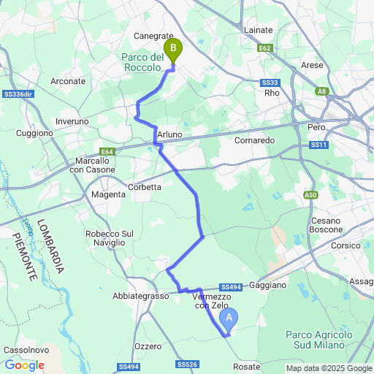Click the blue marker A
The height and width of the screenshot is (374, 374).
click(x=229, y=318)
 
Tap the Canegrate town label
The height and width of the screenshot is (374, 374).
click(x=153, y=35)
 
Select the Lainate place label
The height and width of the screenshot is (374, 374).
click(x=257, y=30)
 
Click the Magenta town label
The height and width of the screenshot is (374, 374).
click(x=108, y=194)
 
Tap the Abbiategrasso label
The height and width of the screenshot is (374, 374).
click(x=141, y=296)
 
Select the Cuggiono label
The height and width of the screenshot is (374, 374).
click(x=36, y=134)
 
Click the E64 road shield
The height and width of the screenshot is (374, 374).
click(x=108, y=151)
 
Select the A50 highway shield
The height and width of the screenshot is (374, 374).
click(x=311, y=195)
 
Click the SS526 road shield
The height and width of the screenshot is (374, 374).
click(x=187, y=364)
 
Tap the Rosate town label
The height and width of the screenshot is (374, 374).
click(x=247, y=365)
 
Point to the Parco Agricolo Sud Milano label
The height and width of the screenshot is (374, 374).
click(x=318, y=339)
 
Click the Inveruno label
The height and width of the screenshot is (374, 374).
click(x=72, y=121)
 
